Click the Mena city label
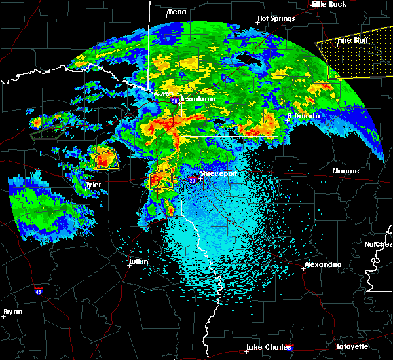pos(176,12)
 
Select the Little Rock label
pos(328,4)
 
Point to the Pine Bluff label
pos(351,40)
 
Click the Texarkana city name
pos(197,99)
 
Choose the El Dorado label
pos(303,116)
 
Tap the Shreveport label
pos(218,174)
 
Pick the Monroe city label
pos(345,171)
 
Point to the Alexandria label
pos(322,264)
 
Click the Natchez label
pos(378,244)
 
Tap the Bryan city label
pos(12,312)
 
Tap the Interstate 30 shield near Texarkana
pos(175,101)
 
